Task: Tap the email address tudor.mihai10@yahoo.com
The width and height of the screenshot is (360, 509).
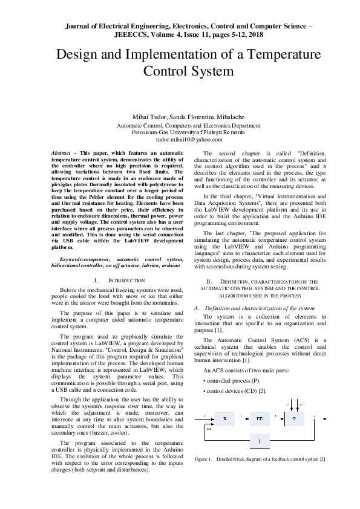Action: (x=180, y=139)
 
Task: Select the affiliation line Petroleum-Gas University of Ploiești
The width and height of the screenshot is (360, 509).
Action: (x=180, y=131)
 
